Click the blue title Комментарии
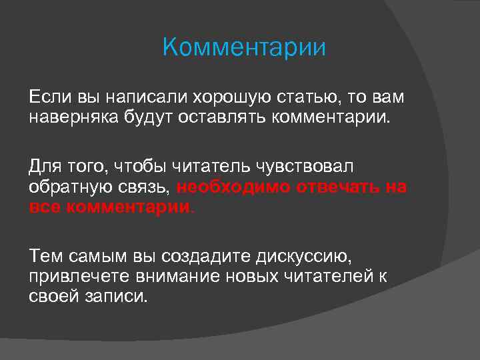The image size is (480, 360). point(244,48)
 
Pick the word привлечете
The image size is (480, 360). point(80,276)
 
